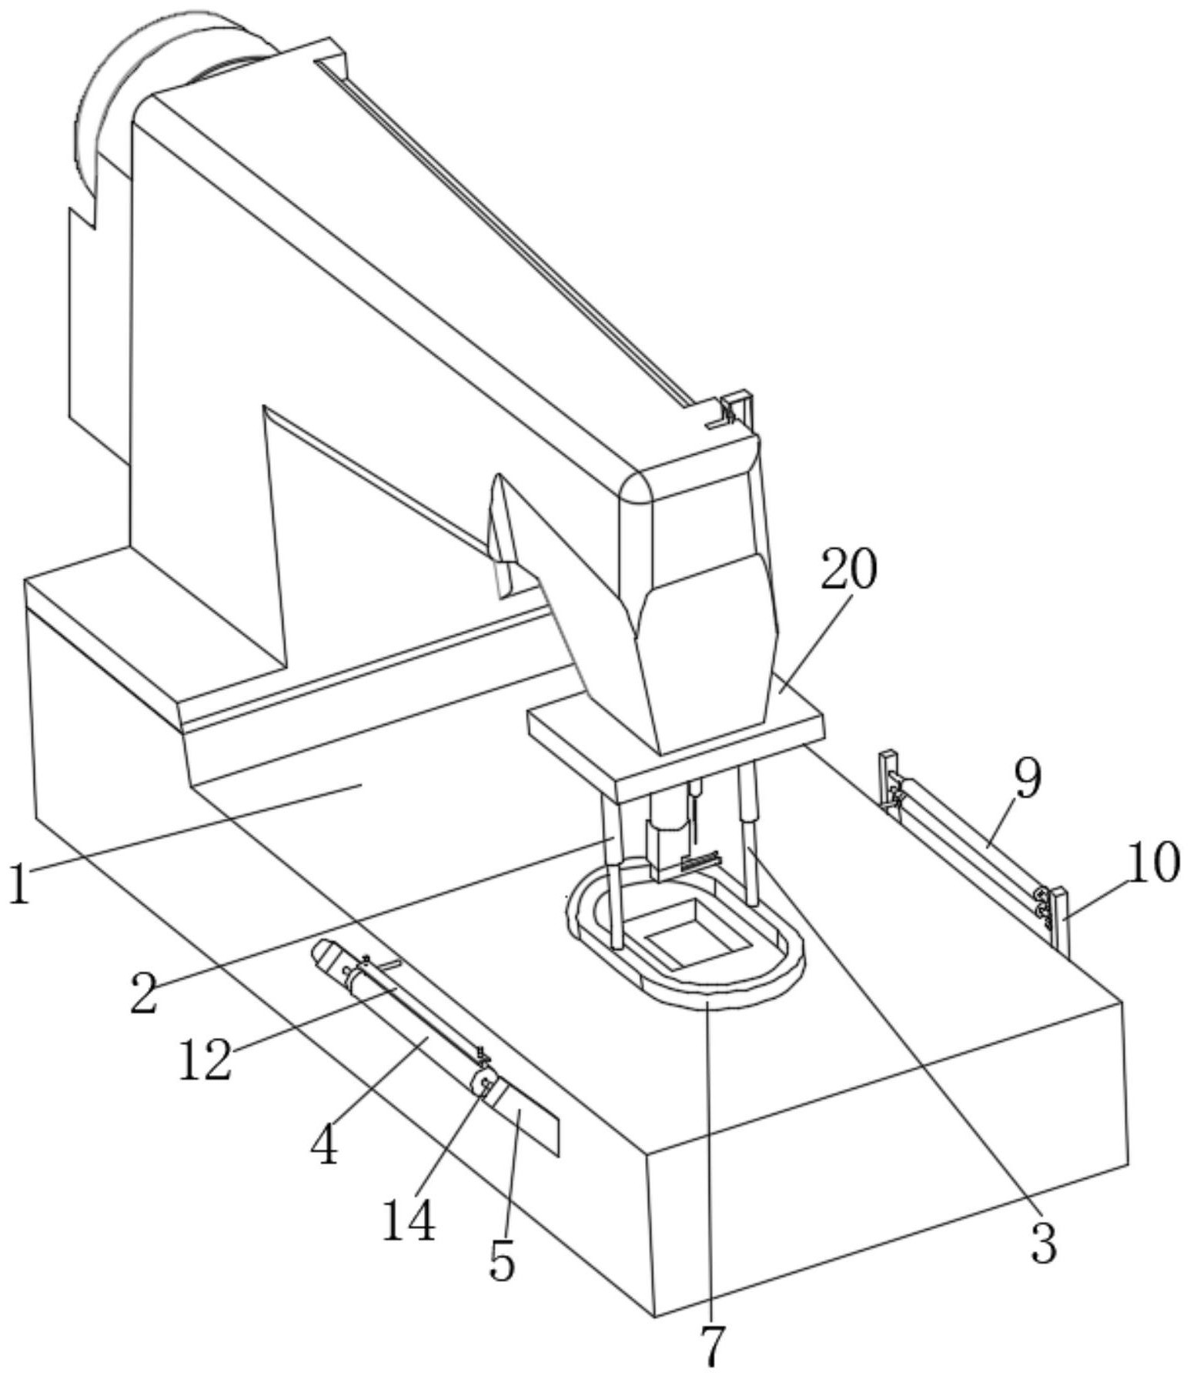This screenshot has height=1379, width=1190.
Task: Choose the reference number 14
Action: pyautogui.click(x=409, y=1220)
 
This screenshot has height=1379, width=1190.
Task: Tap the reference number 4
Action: pyautogui.click(x=324, y=1144)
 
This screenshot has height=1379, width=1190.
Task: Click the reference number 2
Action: pyautogui.click(x=144, y=992)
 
